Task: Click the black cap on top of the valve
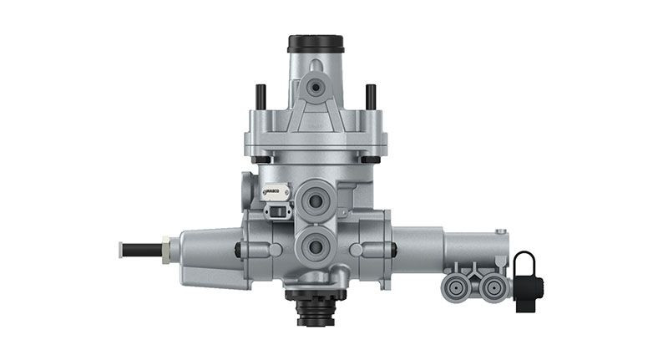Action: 316,43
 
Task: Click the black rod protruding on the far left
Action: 140,249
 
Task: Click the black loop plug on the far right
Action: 527,281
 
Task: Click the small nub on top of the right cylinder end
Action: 499,232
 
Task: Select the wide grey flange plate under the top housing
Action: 316,140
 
